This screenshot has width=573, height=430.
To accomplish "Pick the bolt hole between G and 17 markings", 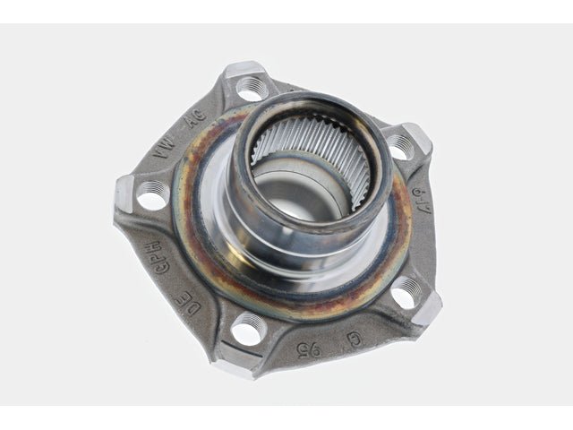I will pyautogui.click(x=406, y=291).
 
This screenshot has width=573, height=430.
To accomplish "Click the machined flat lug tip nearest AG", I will pyautogui.click(x=244, y=69).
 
